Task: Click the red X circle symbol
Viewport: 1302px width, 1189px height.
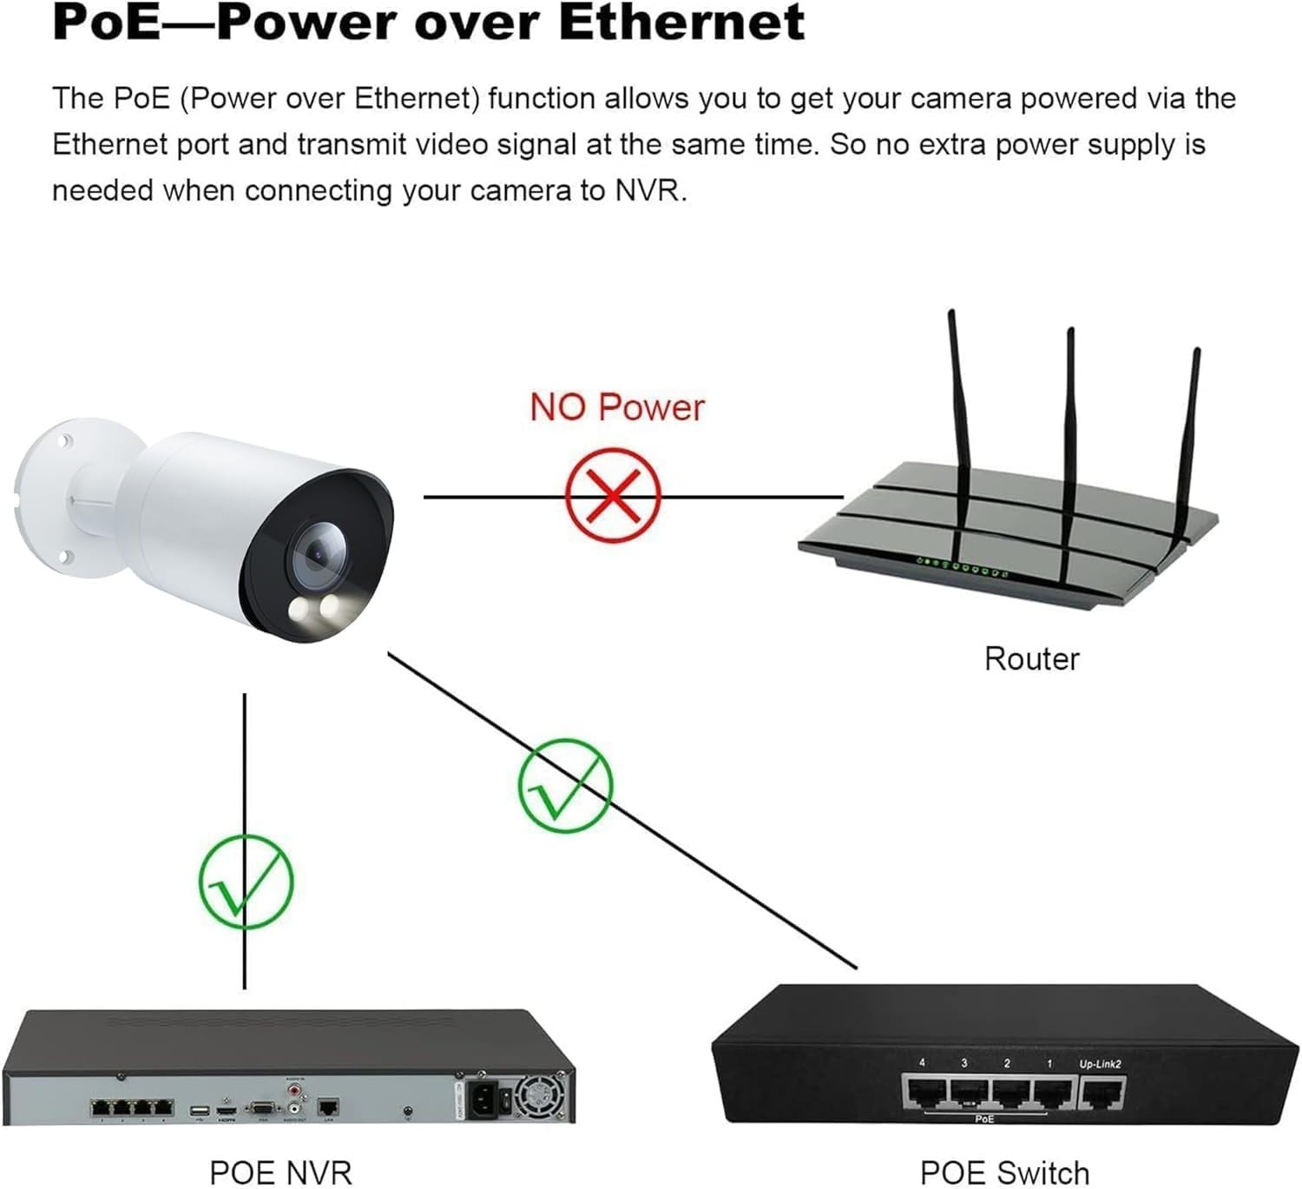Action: pos(613,495)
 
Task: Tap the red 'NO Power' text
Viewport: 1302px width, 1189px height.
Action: pos(617,407)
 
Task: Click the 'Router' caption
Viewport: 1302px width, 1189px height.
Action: pos(1031,658)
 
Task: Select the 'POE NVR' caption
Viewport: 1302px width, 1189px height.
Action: pos(280,1172)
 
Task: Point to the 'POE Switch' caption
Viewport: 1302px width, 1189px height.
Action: pos(1004,1172)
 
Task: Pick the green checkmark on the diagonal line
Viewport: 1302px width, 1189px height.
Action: pos(565,785)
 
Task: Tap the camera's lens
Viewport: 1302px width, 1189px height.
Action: pos(315,553)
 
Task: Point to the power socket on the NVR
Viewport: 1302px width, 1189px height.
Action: pos(484,1101)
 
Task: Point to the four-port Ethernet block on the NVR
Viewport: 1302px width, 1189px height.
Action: pos(132,1108)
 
